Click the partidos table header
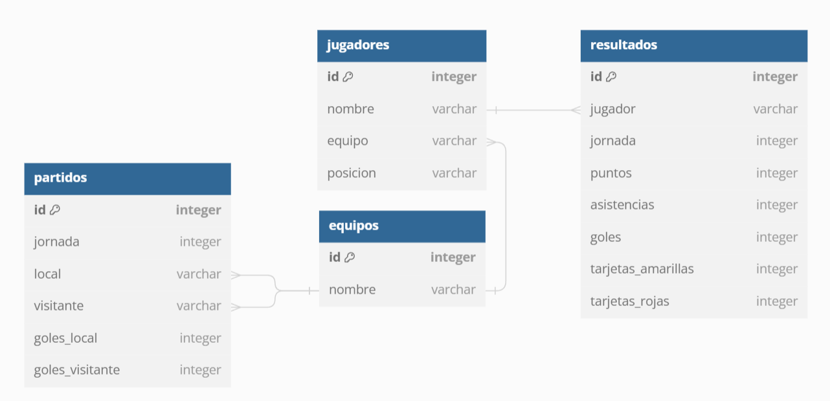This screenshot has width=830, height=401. pyautogui.click(x=127, y=178)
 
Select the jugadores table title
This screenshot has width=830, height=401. pyautogui.click(x=358, y=45)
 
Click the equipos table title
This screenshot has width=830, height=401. pyautogui.click(x=353, y=226)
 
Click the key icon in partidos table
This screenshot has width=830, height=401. pyautogui.click(x=55, y=210)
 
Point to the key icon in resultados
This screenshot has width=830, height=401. pyautogui.click(x=611, y=76)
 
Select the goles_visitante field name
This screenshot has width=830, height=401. pyautogui.click(x=76, y=370)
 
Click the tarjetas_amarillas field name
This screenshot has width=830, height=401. pyautogui.click(x=642, y=268)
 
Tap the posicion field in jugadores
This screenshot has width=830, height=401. pyautogui.click(x=351, y=173)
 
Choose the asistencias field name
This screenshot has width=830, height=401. pyautogui.click(x=622, y=204)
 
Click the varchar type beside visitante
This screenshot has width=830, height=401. pyautogui.click(x=199, y=305)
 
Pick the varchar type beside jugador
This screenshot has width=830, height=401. pyautogui.click(x=775, y=109)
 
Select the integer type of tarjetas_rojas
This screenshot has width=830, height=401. pyautogui.click(x=776, y=301)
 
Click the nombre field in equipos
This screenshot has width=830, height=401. pyautogui.click(x=352, y=289)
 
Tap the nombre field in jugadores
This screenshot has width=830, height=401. pyautogui.click(x=350, y=109)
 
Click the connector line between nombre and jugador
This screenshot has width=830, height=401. pyautogui.click(x=533, y=110)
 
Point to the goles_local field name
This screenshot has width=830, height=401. pyautogui.click(x=65, y=338)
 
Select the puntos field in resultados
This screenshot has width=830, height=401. pyautogui.click(x=611, y=173)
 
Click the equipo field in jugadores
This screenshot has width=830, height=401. pyautogui.click(x=347, y=140)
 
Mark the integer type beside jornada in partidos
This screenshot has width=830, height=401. pyautogui.click(x=200, y=241)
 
